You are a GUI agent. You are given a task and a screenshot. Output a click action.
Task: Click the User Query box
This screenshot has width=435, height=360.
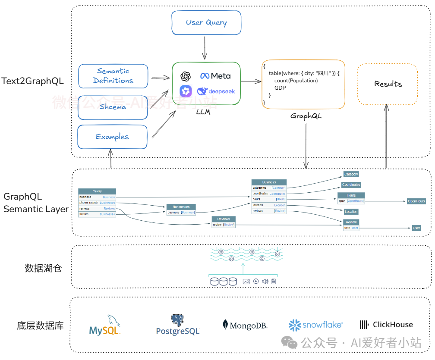point(206,22)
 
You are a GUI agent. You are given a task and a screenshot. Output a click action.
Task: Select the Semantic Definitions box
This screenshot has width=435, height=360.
point(113,76)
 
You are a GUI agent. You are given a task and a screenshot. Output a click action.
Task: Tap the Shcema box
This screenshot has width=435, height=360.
point(113,107)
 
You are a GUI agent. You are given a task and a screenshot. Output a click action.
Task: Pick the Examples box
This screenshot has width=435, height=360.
point(112,137)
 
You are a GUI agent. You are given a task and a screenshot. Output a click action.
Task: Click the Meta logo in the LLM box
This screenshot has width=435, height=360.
point(215,76)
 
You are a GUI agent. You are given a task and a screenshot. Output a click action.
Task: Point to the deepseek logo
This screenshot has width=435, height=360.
point(216,91)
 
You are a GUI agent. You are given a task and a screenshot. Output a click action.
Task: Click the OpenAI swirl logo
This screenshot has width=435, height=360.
point(186,76)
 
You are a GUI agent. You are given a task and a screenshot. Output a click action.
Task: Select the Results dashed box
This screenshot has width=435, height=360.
point(388,84)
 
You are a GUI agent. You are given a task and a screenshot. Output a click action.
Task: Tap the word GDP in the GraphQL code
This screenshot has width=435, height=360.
point(280,88)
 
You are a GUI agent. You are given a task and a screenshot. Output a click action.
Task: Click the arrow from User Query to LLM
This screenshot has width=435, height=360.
point(205,48)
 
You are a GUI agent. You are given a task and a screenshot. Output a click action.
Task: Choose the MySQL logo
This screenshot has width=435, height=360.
point(105,326)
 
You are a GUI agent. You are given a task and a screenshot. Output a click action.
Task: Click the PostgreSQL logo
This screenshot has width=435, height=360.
point(178,326)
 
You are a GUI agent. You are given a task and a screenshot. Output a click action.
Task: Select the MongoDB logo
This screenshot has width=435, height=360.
point(245,326)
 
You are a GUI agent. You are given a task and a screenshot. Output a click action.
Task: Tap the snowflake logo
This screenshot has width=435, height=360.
point(315,325)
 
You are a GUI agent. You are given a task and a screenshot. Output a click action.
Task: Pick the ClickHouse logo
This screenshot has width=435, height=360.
point(386,325)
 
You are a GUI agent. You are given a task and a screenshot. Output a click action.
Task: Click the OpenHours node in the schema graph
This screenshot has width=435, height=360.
point(416,201)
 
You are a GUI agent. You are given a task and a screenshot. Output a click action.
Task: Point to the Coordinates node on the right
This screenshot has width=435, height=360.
point(351,185)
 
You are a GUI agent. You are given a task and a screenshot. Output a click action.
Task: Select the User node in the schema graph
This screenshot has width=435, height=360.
point(416,228)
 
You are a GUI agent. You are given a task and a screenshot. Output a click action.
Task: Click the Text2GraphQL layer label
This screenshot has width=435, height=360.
point(33,81)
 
